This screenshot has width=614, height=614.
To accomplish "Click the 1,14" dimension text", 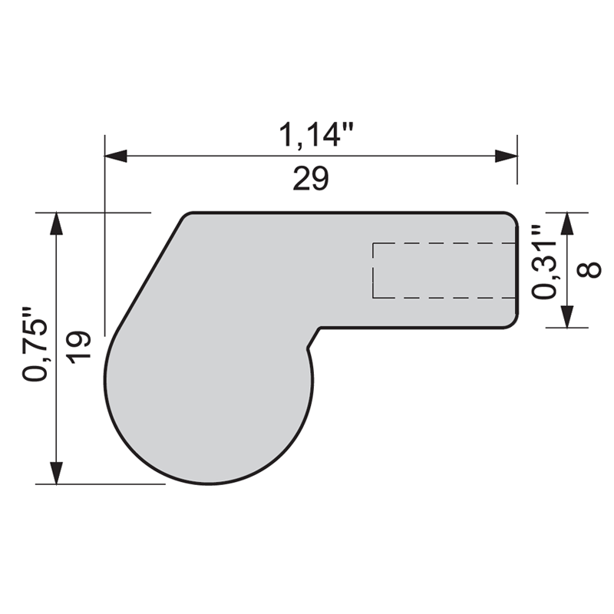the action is tap(315, 136).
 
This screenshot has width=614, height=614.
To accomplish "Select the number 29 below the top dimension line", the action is tap(311, 179).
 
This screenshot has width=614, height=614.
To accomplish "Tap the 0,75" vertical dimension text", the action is tap(35, 344).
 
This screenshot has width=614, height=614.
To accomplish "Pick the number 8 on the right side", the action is tap(589, 270).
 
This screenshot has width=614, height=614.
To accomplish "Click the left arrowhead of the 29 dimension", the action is tap(116, 156).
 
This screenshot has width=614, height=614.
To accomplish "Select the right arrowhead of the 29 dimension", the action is tap(506, 156).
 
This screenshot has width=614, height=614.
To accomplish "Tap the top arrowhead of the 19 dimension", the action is tap(56, 223).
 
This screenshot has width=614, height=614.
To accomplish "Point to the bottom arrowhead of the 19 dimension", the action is tap(56, 473).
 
